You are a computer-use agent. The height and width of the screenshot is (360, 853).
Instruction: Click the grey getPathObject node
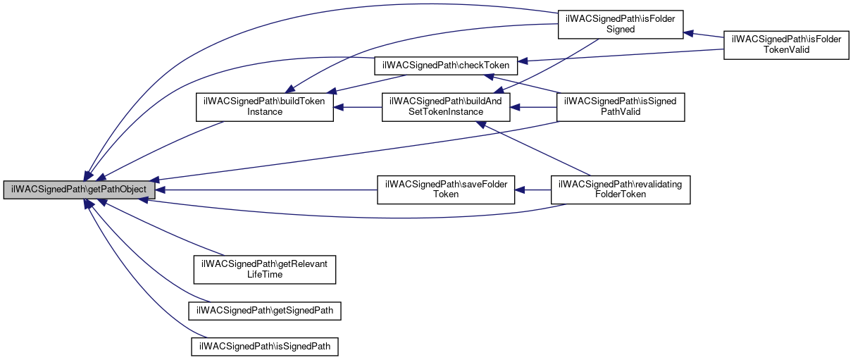(79, 190)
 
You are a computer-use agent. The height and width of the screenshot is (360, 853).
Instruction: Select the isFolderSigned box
(620, 24)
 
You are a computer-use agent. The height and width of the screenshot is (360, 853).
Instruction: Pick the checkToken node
(446, 65)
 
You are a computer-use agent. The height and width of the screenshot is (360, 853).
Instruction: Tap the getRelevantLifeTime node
(265, 269)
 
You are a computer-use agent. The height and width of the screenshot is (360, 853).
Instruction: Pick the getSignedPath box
(265, 310)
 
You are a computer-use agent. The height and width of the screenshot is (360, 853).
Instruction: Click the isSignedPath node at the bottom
(265, 347)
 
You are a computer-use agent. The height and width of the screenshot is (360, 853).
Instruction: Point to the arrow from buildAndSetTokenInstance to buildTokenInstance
(357, 107)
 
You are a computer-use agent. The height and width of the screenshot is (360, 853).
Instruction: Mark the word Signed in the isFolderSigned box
(620, 30)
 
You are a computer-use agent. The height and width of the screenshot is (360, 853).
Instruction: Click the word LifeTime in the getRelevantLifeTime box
(265, 274)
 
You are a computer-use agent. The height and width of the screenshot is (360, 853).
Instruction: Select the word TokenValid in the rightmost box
(787, 50)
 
